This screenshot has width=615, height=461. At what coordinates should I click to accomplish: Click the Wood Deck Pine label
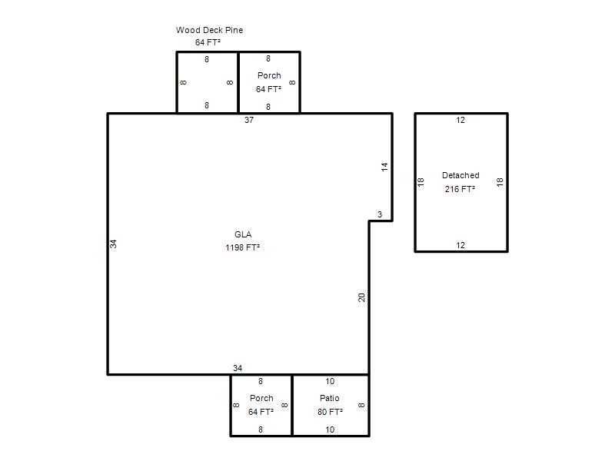pyautogui.click(x=209, y=30)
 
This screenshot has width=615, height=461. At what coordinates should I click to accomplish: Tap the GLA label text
pyautogui.click(x=243, y=234)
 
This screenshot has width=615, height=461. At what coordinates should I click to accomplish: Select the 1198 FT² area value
pyautogui.click(x=242, y=247)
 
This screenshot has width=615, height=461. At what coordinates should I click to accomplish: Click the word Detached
pyautogui.click(x=460, y=175)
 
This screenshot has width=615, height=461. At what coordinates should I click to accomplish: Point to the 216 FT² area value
pyautogui.click(x=460, y=189)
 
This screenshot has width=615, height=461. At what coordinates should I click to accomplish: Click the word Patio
pyautogui.click(x=330, y=398)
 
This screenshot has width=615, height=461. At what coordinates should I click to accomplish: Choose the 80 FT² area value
pyautogui.click(x=330, y=412)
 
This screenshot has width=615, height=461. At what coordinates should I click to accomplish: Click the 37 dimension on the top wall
pyautogui.click(x=249, y=120)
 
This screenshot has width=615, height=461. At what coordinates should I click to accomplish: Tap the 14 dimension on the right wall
pyautogui.click(x=384, y=167)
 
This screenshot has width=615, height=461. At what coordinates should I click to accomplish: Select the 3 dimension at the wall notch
pyautogui.click(x=380, y=214)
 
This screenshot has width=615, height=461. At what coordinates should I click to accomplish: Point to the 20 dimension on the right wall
pyautogui.click(x=361, y=297)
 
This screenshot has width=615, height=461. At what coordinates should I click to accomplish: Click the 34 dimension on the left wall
pyautogui.click(x=113, y=244)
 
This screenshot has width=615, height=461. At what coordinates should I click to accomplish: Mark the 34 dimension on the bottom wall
pyautogui.click(x=238, y=368)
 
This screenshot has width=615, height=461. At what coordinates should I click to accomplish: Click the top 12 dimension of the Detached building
pyautogui.click(x=460, y=120)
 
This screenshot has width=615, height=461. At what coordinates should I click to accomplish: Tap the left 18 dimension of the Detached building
pyautogui.click(x=421, y=182)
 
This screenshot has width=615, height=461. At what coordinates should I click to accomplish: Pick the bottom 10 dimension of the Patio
pyautogui.click(x=330, y=429)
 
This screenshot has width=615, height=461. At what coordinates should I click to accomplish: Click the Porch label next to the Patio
pyautogui.click(x=261, y=398)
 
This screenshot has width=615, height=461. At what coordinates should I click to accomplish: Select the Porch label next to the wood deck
pyautogui.click(x=269, y=75)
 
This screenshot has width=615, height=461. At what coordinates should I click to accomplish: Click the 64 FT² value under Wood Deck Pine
pyautogui.click(x=208, y=42)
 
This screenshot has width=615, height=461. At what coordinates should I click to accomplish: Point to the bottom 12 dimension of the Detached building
pyautogui.click(x=460, y=245)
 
